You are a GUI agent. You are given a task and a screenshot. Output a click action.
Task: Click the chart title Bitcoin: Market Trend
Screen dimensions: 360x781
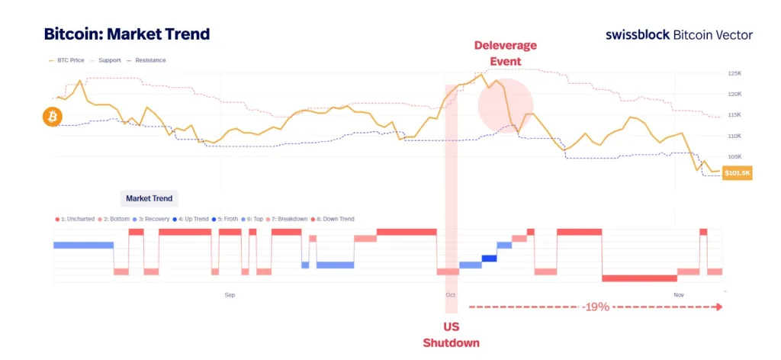pos(127,34)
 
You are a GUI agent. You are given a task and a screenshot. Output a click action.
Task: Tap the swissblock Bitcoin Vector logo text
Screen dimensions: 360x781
pos(679,34)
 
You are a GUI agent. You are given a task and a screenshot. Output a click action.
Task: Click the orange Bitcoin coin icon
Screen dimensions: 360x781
pos(53,117)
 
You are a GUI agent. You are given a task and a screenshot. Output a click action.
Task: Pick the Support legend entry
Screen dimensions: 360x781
pos(107,60)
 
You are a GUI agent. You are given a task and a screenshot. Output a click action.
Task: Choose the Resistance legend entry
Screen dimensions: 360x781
pos(146,60)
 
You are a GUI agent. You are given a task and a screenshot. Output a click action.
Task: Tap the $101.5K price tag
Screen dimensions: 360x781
pos(738,173)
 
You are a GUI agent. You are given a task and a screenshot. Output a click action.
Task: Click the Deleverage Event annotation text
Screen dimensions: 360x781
pos(505,53)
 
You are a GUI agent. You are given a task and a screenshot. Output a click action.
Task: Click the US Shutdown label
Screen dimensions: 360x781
pos(452,335)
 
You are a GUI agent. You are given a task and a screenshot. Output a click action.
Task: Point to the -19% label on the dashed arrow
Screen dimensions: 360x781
pos(594,307)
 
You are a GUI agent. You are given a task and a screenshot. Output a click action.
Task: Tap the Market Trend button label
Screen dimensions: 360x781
pos(149,198)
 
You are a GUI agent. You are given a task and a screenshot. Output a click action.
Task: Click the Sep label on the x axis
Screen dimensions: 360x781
pos(230,294)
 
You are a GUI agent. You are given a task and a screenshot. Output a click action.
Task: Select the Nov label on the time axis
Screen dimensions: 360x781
pos(679,294)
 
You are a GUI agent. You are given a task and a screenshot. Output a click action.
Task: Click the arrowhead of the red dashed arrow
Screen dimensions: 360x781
pos(718,307)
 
